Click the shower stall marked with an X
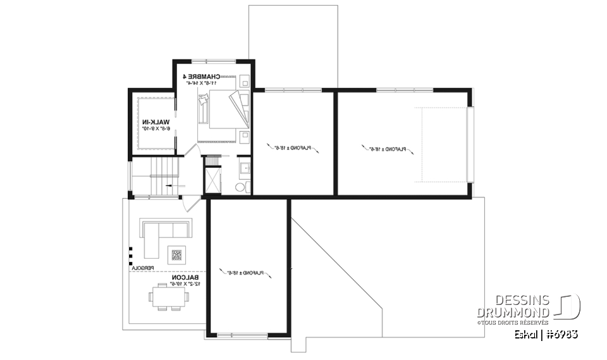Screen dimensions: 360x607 click(212, 179)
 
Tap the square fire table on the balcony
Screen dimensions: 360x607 click(176, 256)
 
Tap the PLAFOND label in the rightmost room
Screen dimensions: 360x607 click(388, 149)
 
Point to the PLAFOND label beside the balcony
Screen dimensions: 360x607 click(245, 273)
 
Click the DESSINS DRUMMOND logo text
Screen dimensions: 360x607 click(513, 306)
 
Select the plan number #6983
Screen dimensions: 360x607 click(561, 333)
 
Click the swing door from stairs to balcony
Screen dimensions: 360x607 click(192, 204)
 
